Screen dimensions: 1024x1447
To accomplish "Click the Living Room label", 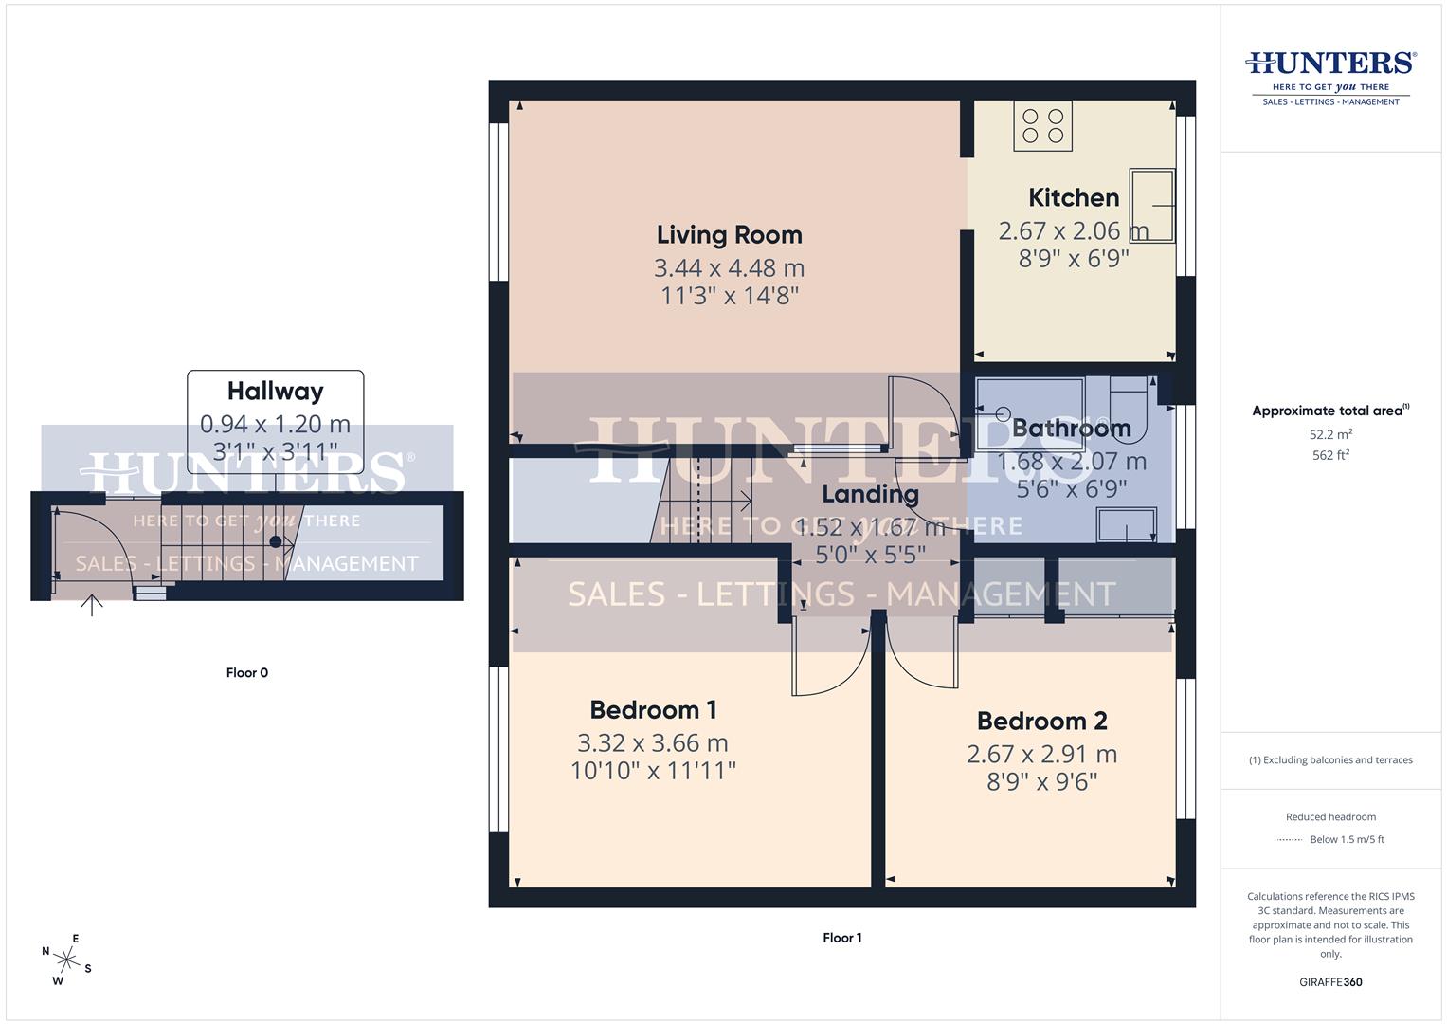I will tap(729, 235).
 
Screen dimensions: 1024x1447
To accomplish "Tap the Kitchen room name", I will tap(1074, 198).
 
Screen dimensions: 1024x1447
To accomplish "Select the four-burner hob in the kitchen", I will tap(1042, 126).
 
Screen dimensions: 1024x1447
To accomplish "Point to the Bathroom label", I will tap(1071, 429).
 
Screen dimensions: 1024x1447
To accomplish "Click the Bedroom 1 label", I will tap(653, 710).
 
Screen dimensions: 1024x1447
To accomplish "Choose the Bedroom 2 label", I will tap(1041, 722).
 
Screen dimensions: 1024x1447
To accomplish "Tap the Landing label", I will tap(870, 494).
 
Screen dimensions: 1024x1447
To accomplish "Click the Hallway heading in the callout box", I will tap(275, 392).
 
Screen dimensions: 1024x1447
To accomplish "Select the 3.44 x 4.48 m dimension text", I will tap(729, 268).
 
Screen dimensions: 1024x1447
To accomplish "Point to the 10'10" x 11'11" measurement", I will tap(653, 771).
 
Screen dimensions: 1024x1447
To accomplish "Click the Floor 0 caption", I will tap(247, 673).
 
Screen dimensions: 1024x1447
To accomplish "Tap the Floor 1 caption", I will tap(841, 938).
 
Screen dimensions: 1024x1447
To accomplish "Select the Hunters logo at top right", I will tap(1330, 77).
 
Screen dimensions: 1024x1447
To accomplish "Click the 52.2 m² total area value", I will tap(1330, 435).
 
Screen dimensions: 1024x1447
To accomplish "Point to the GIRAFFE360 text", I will tap(1330, 982).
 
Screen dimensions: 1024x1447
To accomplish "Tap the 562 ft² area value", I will tap(1330, 455).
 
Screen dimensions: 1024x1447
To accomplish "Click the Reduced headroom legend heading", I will tap(1330, 817).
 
